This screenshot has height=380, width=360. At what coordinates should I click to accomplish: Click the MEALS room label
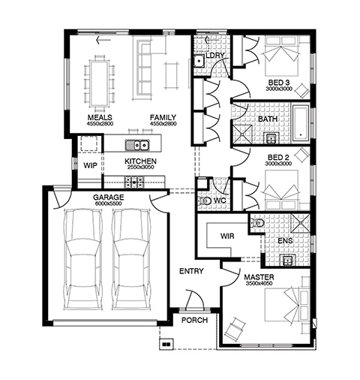click(100, 117)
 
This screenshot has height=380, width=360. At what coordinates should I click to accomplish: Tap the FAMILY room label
click(163, 117)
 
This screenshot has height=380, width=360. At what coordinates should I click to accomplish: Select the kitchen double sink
click(136, 145)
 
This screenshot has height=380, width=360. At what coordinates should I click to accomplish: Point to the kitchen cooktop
click(134, 182)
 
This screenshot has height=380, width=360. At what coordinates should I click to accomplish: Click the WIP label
click(90, 165)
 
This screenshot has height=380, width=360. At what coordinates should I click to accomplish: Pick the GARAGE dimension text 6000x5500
click(108, 204)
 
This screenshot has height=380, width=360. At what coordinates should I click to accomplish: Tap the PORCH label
click(194, 320)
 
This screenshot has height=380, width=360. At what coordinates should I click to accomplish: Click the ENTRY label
click(191, 271)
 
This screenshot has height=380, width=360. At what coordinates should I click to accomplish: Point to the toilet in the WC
click(205, 201)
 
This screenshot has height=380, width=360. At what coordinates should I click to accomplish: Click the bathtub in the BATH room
click(301, 123)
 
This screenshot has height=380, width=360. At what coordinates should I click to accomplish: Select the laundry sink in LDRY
click(199, 61)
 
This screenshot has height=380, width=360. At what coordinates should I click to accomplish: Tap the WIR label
click(227, 236)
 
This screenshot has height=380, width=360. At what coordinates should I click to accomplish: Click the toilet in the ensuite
click(257, 222)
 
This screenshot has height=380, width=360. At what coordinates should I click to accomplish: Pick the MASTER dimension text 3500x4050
click(259, 283)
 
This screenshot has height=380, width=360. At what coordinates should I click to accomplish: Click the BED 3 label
click(279, 83)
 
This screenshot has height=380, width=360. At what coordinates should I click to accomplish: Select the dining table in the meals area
click(99, 83)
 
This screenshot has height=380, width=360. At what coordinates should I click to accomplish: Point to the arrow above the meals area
click(103, 40)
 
